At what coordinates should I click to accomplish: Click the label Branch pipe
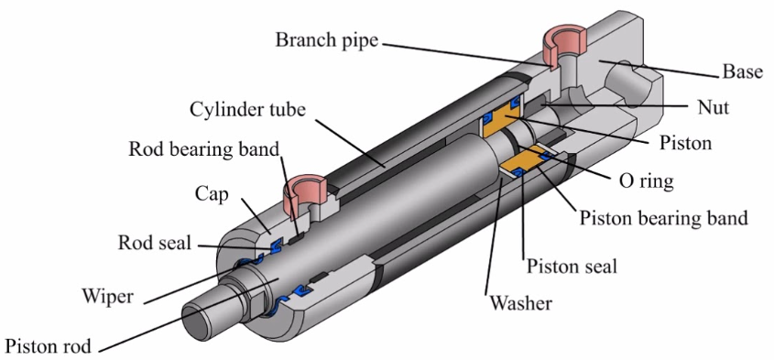(326, 40)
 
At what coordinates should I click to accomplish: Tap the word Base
(743, 72)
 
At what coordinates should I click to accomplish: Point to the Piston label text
(686, 143)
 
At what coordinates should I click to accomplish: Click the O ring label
(646, 181)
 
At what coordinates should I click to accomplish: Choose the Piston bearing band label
(663, 217)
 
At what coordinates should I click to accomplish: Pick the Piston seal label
(572, 267)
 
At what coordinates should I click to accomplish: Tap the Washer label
(520, 301)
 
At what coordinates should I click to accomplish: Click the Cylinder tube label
(248, 110)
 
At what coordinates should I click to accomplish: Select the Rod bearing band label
(204, 148)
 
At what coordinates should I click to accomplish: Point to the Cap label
(212, 195)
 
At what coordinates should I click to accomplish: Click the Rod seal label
(155, 243)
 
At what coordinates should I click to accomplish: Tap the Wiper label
(107, 297)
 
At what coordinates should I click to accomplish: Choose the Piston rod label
(48, 345)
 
